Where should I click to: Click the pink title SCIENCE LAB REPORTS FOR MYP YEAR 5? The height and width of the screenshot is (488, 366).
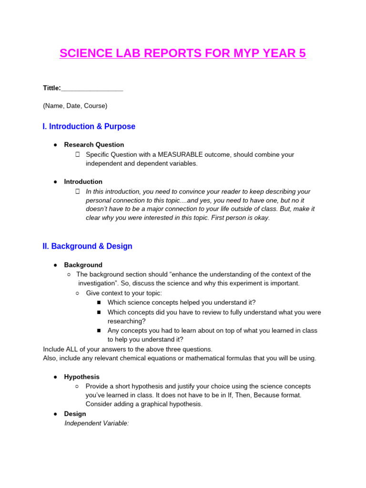click(x=183, y=53)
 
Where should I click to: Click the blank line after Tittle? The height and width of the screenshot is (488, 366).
click(x=92, y=88)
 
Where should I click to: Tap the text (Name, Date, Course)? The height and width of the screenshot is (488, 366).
click(x=75, y=106)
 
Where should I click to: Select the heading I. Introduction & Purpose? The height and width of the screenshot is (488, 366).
click(x=89, y=127)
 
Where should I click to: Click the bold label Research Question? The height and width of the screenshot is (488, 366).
click(x=94, y=145)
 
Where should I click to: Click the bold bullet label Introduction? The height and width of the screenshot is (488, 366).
click(x=83, y=182)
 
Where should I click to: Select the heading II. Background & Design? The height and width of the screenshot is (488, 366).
click(x=88, y=246)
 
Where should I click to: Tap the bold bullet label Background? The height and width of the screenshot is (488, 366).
click(x=83, y=265)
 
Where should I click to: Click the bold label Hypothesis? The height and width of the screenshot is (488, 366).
click(x=81, y=377)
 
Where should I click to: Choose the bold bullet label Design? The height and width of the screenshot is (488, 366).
click(x=75, y=414)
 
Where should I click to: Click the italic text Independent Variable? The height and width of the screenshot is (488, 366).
click(x=97, y=423)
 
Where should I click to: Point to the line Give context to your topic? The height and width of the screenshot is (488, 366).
click(x=124, y=293)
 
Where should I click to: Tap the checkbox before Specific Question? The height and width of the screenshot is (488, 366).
click(x=77, y=155)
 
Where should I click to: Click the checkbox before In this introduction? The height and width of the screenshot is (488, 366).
click(x=77, y=192)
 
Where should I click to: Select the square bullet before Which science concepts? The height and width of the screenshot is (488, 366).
click(x=99, y=303)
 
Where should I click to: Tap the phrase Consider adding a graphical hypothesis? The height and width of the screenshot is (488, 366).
click(x=144, y=404)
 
